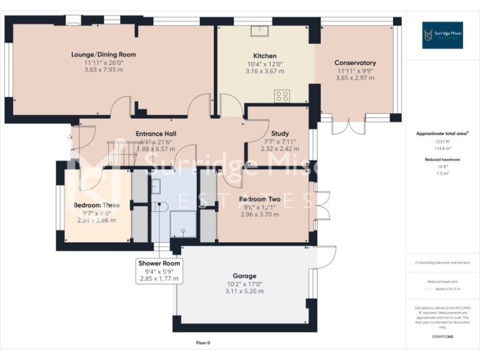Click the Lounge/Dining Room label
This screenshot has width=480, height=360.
click(x=103, y=55)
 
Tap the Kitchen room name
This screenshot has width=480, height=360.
click(x=264, y=56)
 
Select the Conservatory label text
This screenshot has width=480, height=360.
click(x=355, y=63)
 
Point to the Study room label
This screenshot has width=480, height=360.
click(x=280, y=134)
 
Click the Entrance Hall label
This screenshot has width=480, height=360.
click(x=156, y=134)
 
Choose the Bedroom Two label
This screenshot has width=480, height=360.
click(x=259, y=200)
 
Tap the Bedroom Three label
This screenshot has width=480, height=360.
click(x=96, y=205)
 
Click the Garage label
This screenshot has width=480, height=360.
click(x=245, y=276)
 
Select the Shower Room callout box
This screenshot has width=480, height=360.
click(x=159, y=271)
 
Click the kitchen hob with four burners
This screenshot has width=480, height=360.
click(x=282, y=96)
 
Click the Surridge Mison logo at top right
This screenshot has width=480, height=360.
click(x=442, y=35)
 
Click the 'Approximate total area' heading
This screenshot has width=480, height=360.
click(x=442, y=133)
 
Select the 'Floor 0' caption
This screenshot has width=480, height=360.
click(x=203, y=342)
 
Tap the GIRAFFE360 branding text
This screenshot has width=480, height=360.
click(x=442, y=337)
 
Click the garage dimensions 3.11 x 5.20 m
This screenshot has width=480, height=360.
click(x=244, y=291)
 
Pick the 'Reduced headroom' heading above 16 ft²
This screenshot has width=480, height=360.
click(x=442, y=160)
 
